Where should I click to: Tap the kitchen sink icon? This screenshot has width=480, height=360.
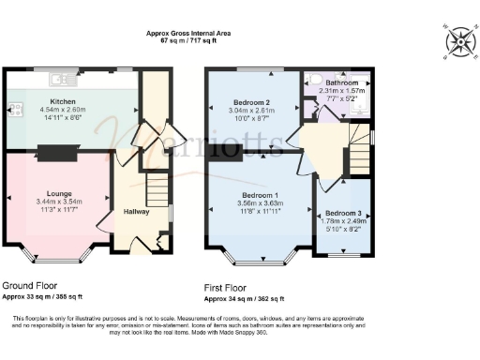[x=57, y=78]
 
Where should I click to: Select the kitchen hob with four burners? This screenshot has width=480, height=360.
[x=14, y=109]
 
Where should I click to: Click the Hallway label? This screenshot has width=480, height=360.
[x=136, y=212]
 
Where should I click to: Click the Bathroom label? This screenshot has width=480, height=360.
[x=341, y=82]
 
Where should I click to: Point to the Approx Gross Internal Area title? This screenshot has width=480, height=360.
[x=188, y=33]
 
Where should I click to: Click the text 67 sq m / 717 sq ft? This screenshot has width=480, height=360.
[x=188, y=41]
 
